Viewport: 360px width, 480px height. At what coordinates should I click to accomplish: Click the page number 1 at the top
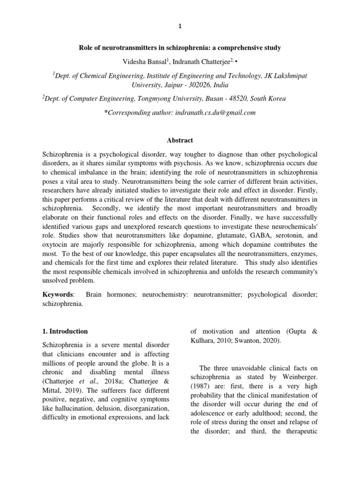point(180,27)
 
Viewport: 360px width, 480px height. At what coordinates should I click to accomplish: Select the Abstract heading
point(180,140)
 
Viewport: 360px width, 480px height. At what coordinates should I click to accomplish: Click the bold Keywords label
point(58,294)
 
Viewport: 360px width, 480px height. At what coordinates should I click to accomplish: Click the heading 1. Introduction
point(65,331)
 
